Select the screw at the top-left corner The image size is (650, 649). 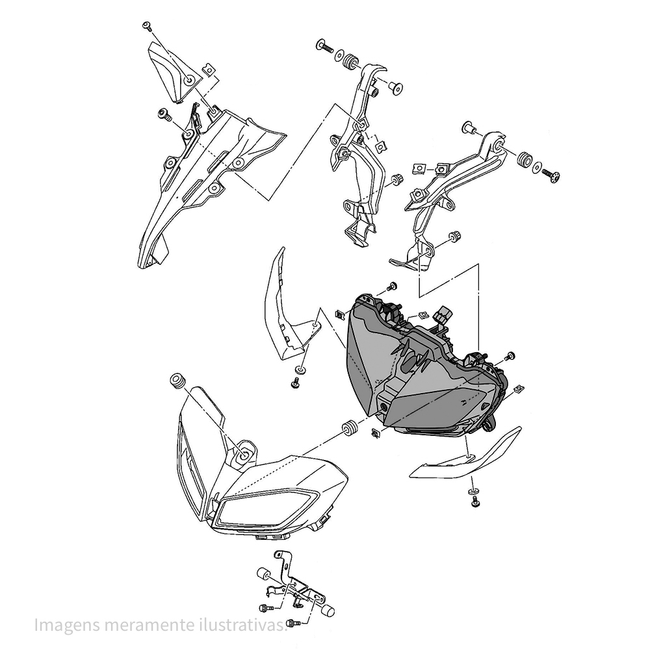click(x=146, y=27)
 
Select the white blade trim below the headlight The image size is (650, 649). click(x=468, y=458)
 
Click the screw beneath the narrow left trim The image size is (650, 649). click(x=296, y=384)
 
